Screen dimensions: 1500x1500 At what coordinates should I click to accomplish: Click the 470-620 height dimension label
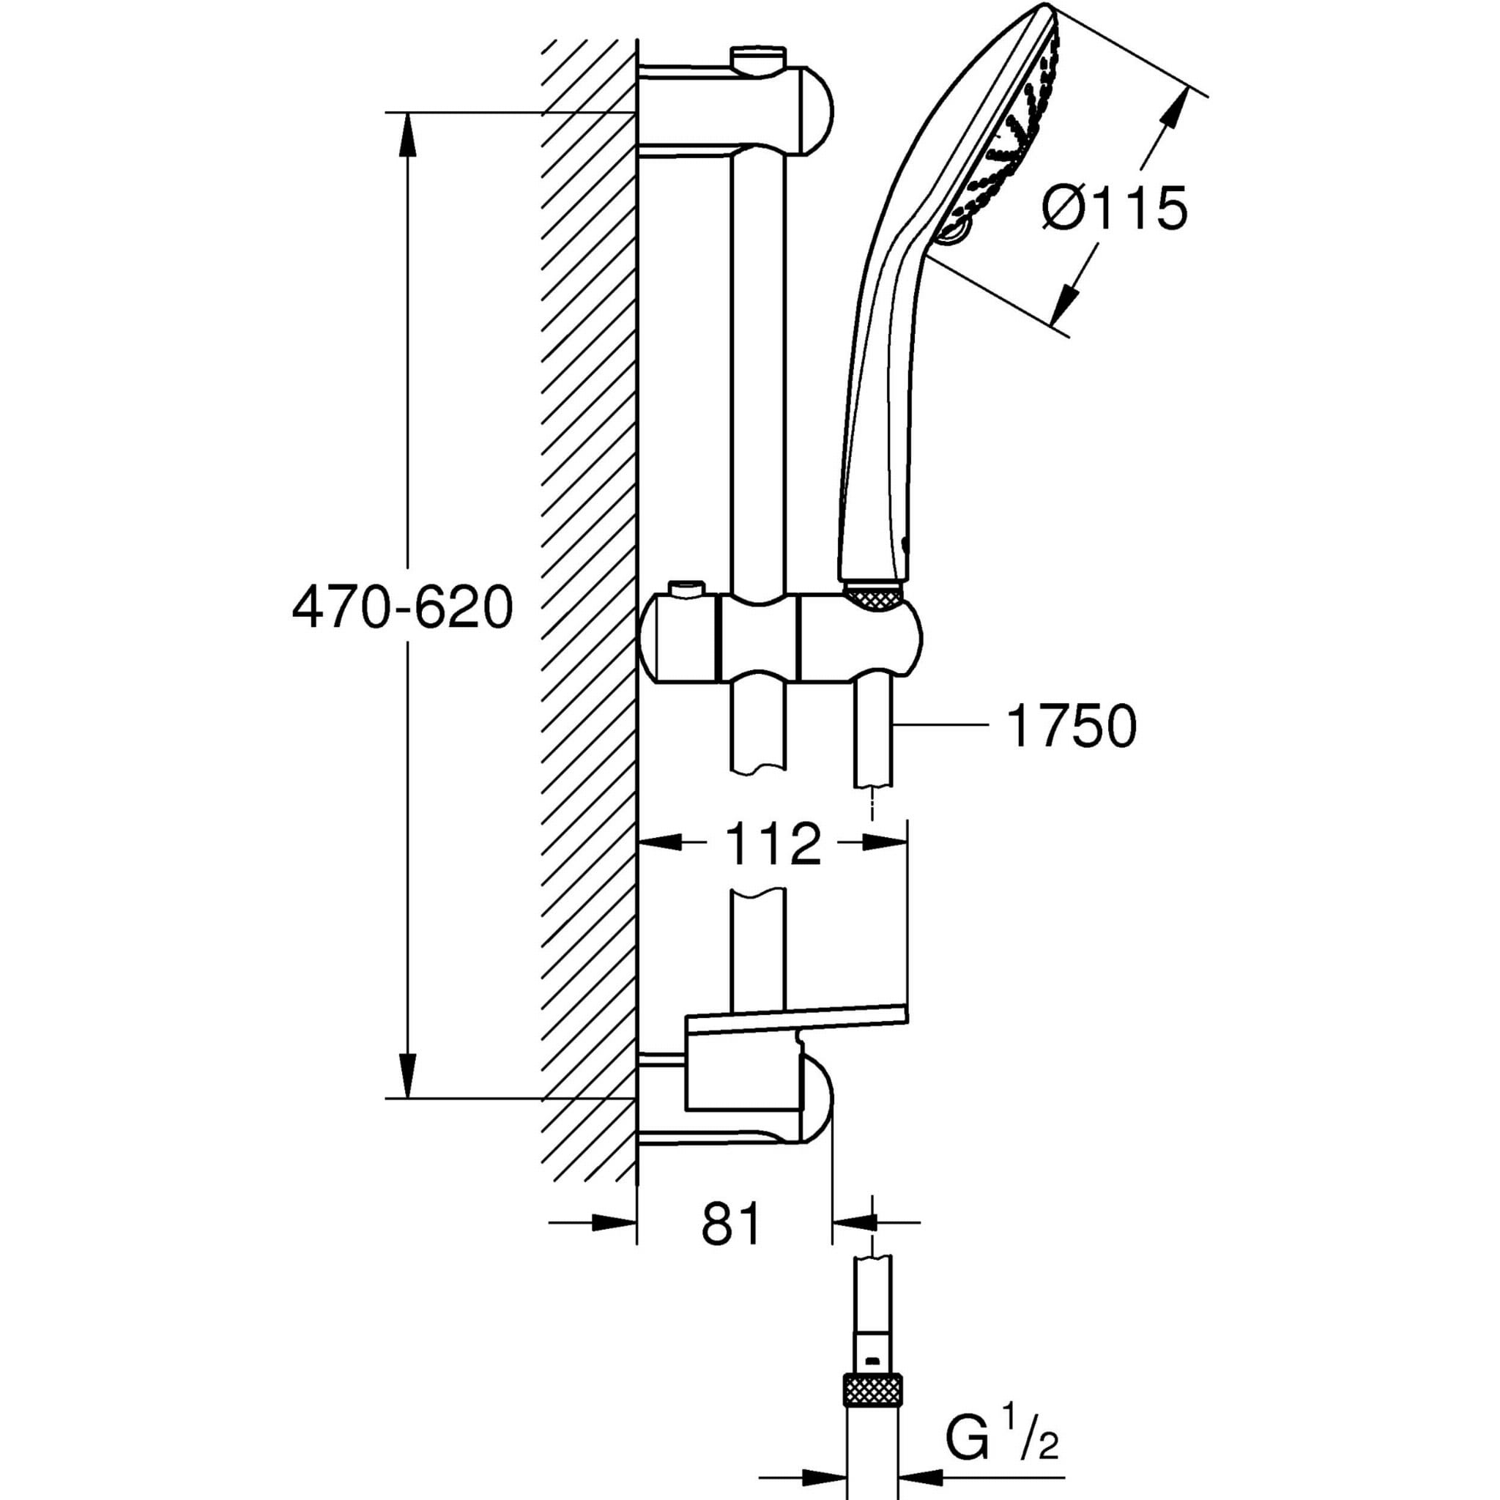click(x=402, y=607)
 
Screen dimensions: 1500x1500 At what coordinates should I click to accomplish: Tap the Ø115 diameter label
click(x=1115, y=208)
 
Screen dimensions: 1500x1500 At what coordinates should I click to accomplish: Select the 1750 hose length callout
click(x=1071, y=727)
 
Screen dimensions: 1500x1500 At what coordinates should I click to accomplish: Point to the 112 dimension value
click(x=773, y=844)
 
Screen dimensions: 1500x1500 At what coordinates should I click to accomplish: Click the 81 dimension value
click(x=732, y=1225)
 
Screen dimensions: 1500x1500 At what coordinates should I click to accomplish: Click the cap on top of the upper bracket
click(x=757, y=57)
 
